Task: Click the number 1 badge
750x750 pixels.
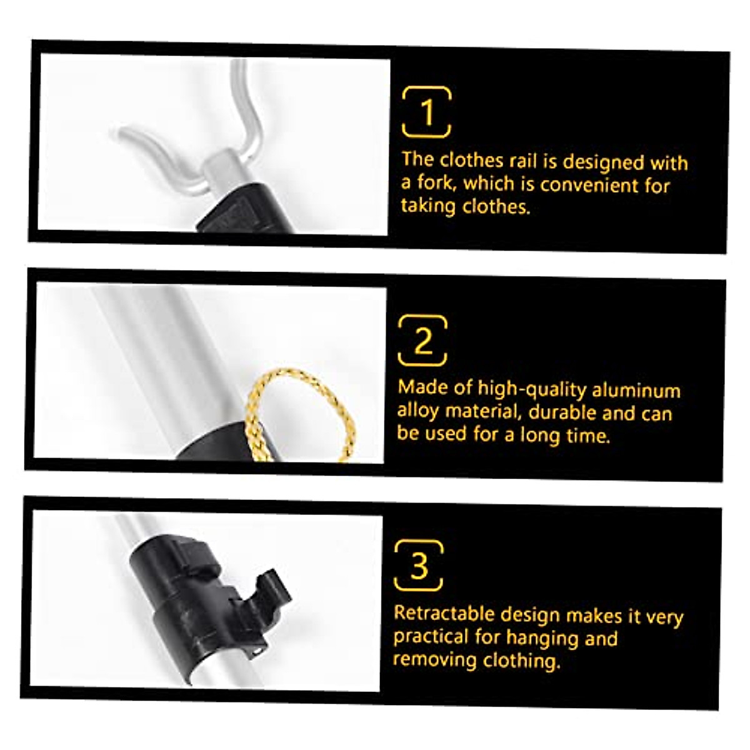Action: pos(427,112)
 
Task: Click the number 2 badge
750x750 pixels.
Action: pos(423,341)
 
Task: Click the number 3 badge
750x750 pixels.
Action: pos(419,566)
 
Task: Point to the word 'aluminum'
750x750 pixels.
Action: pos(636,391)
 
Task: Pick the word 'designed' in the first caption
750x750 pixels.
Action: pos(603,162)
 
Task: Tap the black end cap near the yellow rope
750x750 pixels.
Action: pos(219,444)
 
